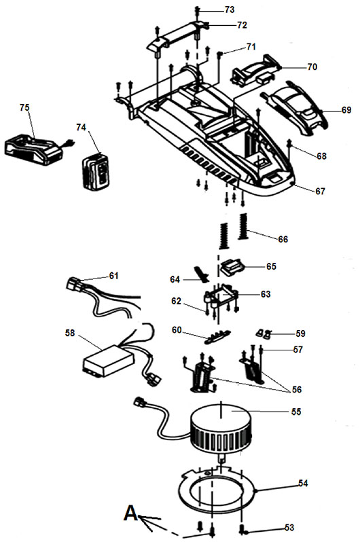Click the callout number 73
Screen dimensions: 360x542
[x=230, y=10]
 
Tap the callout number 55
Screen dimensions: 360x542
[x=296, y=412]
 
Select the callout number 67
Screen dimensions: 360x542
[x=320, y=191]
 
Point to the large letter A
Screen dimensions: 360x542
[x=130, y=513]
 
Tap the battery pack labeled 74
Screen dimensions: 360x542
[x=96, y=171]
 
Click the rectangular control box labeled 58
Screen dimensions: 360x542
[x=109, y=360]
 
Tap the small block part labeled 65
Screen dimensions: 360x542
[x=232, y=267]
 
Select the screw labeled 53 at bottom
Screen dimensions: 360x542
[x=242, y=529]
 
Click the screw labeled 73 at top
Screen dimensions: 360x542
[x=197, y=12]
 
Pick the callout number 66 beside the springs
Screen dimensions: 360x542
[x=283, y=239]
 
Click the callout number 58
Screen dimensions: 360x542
[x=70, y=333]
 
